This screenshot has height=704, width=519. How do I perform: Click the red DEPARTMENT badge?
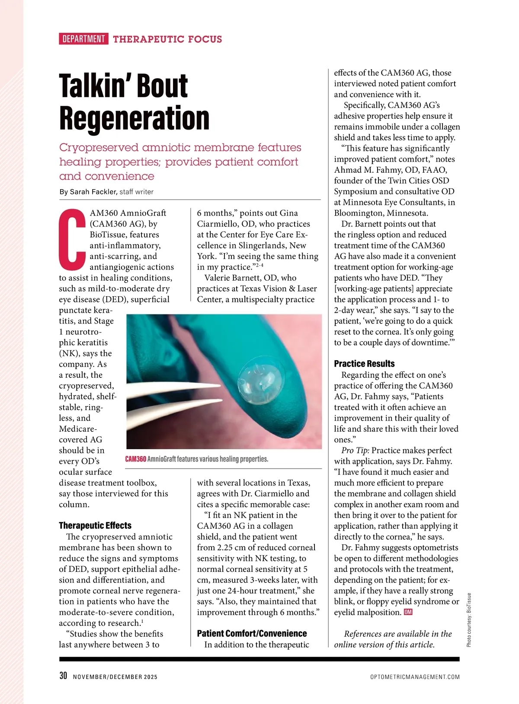83,39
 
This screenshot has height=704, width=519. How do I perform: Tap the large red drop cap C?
72,238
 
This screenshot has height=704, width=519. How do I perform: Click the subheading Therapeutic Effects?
95,526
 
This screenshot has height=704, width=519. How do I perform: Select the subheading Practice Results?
364,364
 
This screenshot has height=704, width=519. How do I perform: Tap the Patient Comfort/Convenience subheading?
252,634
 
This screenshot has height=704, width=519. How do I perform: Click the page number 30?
63,676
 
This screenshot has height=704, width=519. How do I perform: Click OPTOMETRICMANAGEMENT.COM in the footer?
415,677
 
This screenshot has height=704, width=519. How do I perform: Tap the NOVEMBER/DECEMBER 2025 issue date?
115,677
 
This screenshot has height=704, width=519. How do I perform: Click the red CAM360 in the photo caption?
135,459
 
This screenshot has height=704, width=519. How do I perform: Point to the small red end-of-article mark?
408,612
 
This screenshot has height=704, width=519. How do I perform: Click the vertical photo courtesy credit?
469,620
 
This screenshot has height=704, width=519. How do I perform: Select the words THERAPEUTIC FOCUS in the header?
167,39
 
